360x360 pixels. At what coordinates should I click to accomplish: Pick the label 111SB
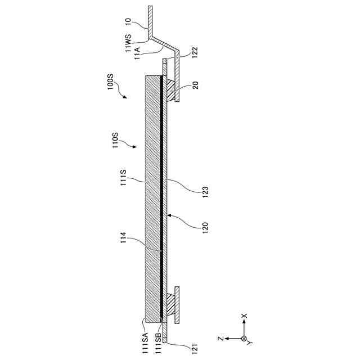(159, 340)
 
